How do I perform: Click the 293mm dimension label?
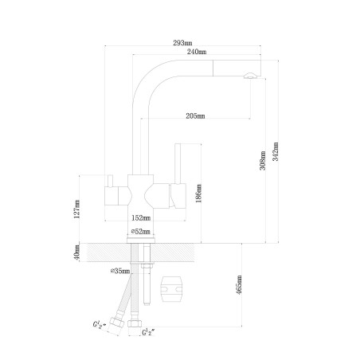(182, 43)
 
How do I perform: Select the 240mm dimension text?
(197, 52)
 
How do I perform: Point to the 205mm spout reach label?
(195, 116)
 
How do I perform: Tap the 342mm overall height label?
(276, 151)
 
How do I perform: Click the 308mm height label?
(262, 161)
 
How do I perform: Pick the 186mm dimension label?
(198, 194)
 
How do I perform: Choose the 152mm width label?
(141, 218)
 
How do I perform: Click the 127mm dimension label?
(76, 209)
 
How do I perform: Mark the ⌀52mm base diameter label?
(141, 232)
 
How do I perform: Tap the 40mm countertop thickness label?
(76, 252)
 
